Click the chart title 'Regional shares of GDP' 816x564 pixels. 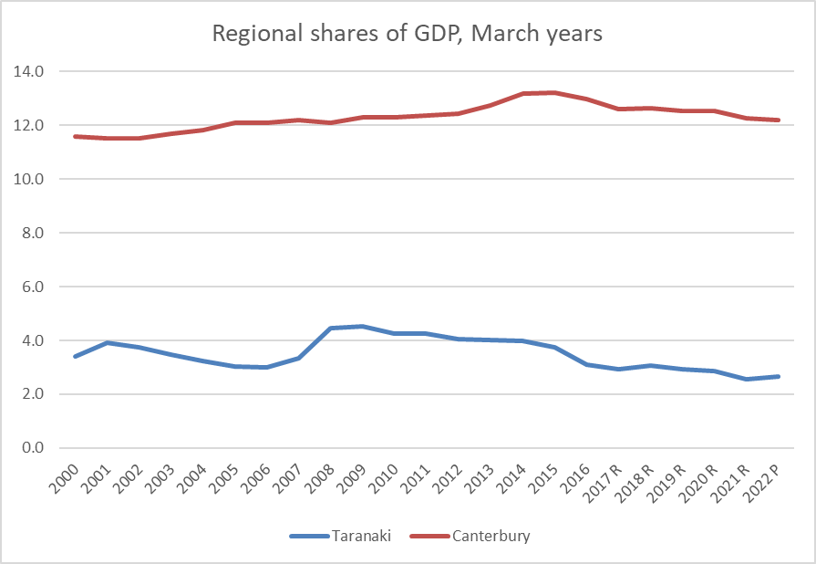407,34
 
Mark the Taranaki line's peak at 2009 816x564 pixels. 362,326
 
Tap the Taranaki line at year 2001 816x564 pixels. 107,342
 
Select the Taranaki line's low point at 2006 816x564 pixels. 266,367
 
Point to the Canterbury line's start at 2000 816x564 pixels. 75,136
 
